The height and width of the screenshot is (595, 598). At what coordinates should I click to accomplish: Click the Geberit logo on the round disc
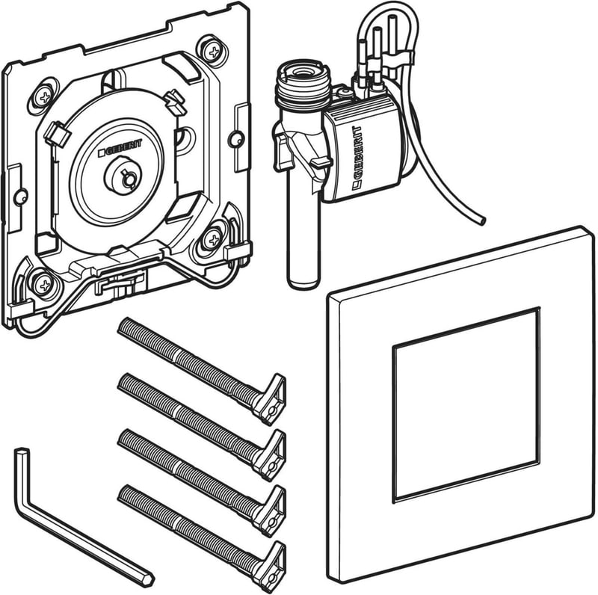120,147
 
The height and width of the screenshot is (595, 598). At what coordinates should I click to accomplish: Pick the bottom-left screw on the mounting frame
44,284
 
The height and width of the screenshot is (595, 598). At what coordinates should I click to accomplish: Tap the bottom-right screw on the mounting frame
212,239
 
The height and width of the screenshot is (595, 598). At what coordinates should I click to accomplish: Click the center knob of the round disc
123,176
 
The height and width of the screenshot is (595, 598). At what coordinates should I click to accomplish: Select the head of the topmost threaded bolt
271,398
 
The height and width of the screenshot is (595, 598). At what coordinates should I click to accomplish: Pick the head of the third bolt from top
271,510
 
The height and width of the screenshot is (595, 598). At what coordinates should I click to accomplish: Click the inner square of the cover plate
466,404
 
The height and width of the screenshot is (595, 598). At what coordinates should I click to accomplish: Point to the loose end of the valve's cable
481,221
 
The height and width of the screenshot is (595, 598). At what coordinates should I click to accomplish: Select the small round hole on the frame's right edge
236,138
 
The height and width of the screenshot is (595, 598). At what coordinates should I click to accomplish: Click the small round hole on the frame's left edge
21,197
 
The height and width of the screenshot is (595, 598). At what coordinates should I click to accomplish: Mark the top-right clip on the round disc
175,102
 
